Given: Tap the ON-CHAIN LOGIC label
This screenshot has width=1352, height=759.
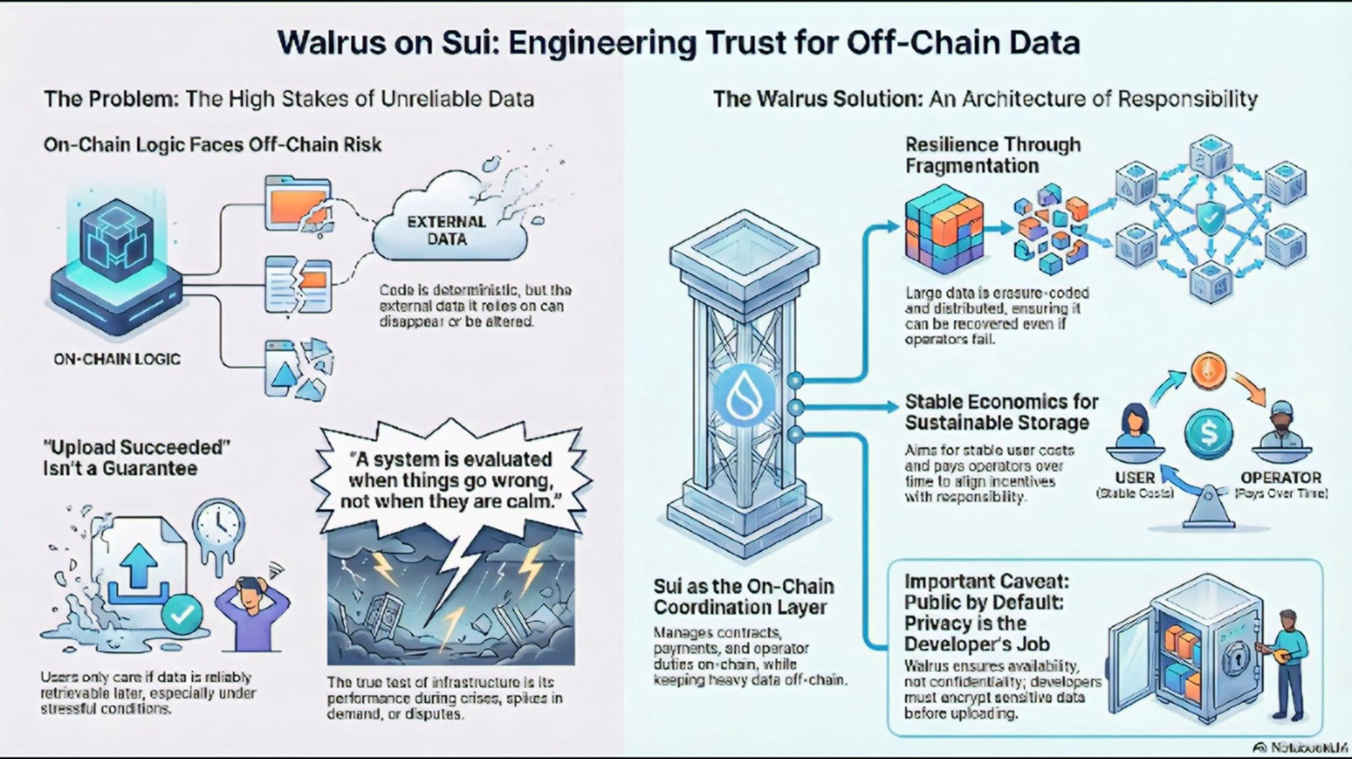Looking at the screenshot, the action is [x=117, y=359].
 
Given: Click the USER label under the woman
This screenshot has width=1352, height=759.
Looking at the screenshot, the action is [x=1134, y=478].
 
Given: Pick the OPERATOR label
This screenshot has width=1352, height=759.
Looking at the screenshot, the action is [x=1280, y=478].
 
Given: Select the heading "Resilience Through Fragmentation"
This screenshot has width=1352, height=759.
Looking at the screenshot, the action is [x=993, y=155].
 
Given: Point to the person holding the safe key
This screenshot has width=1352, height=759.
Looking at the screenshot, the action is [x=1286, y=664].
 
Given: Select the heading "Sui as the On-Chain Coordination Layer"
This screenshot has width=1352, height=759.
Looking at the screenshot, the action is [x=744, y=596].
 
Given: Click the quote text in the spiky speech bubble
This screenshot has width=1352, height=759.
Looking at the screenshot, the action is [x=451, y=481].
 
